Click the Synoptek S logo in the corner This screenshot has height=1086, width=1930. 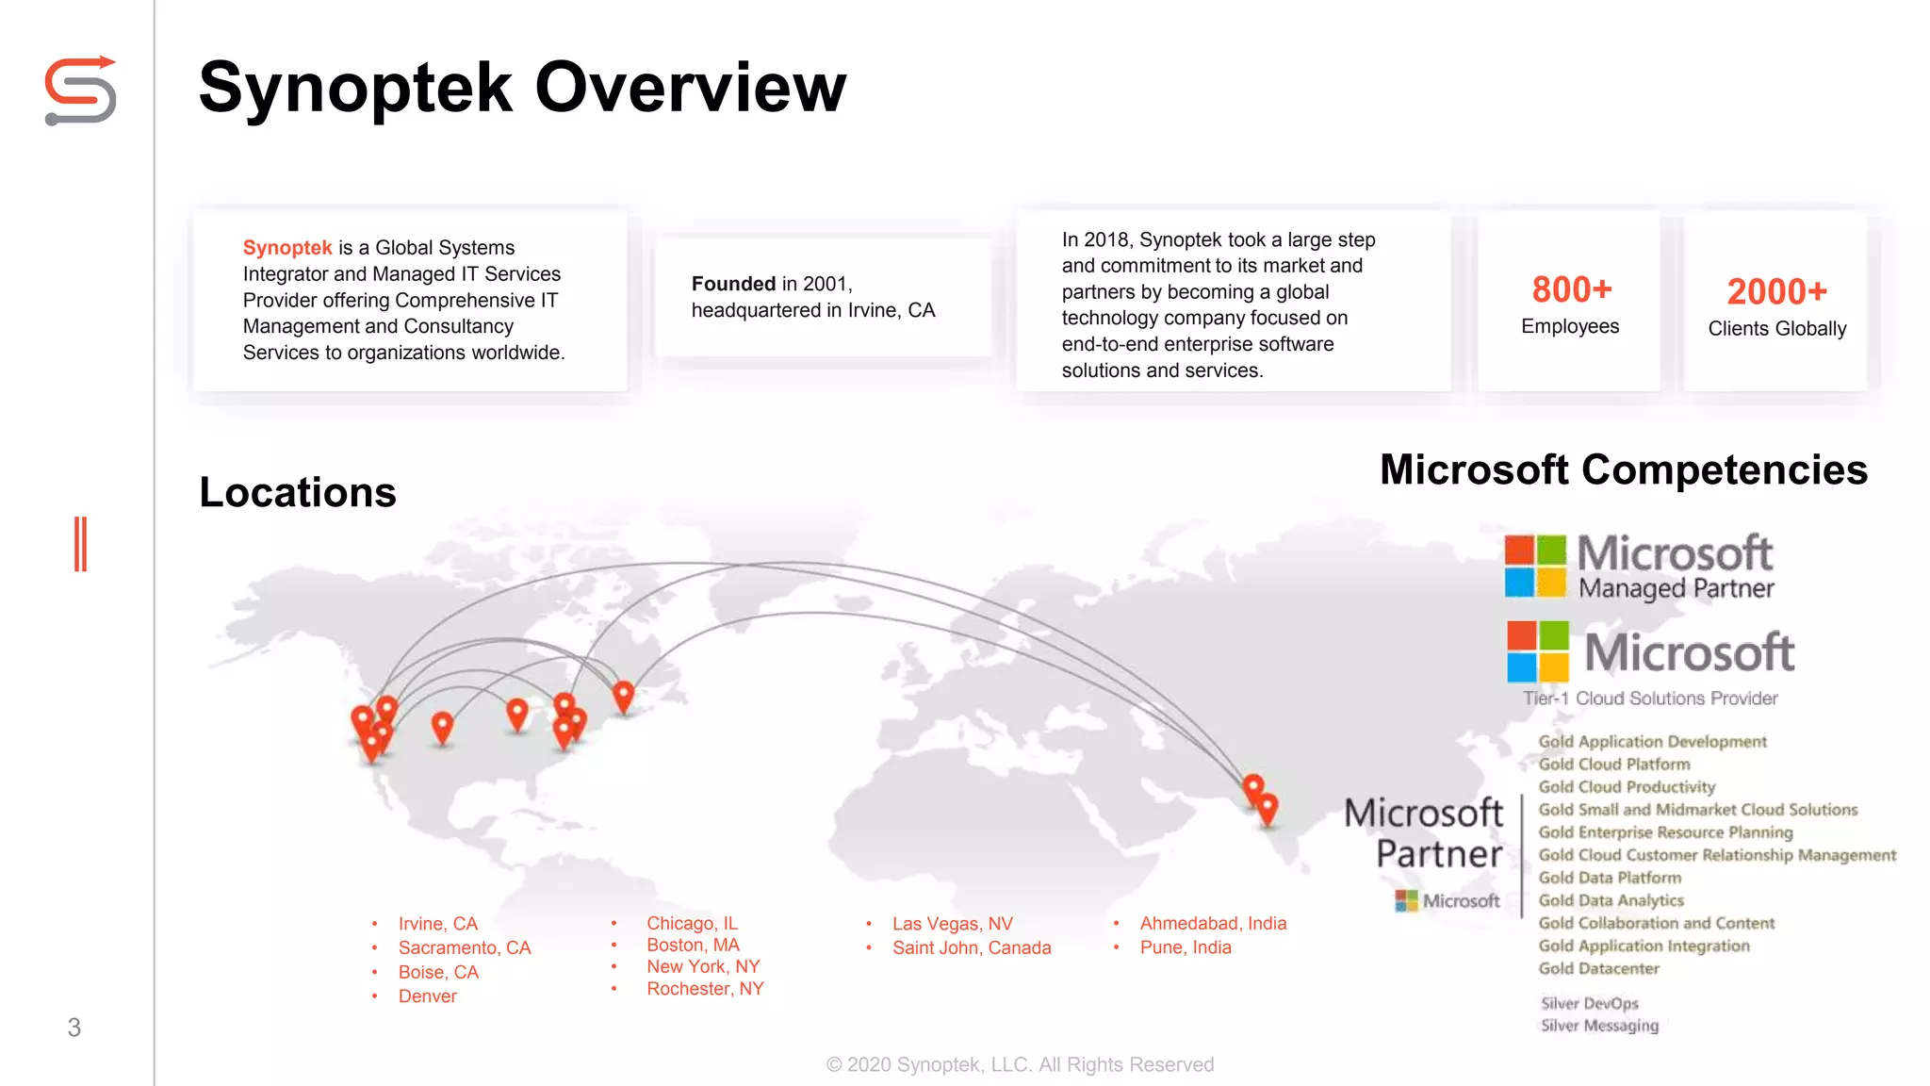pyautogui.click(x=81, y=90)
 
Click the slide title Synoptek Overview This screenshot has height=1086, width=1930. pyautogui.click(x=523, y=88)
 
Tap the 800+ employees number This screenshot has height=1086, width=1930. pyautogui.click(x=1572, y=289)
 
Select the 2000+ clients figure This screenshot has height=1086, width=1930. pyautogui.click(x=1776, y=291)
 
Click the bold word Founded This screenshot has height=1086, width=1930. pyautogui.click(x=733, y=284)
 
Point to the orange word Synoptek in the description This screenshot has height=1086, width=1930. pyautogui.click(x=287, y=248)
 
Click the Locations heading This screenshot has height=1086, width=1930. pyautogui.click(x=298, y=492)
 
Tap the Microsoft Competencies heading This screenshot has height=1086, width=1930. pyautogui.click(x=1623, y=469)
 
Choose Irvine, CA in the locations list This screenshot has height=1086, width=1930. pyautogui.click(x=437, y=924)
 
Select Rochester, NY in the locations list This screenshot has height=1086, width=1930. pyautogui.click(x=705, y=989)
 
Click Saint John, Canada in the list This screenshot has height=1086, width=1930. pyautogui.click(x=971, y=947)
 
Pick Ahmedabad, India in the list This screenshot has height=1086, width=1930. pyautogui.click(x=1212, y=923)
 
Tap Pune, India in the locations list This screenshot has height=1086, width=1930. pyautogui.click(x=1185, y=947)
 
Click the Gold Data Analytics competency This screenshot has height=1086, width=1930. pyautogui.click(x=1611, y=900)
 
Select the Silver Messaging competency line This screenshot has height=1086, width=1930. pyautogui.click(x=1599, y=1026)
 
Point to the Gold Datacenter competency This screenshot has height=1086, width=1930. pyautogui.click(x=1598, y=968)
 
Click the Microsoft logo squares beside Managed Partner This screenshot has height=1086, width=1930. pyautogui.click(x=1534, y=566)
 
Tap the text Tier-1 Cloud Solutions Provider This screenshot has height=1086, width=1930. pyautogui.click(x=1650, y=699)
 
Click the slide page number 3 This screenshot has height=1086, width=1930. pyautogui.click(x=74, y=1028)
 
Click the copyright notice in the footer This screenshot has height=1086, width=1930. pyautogui.click(x=1020, y=1064)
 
